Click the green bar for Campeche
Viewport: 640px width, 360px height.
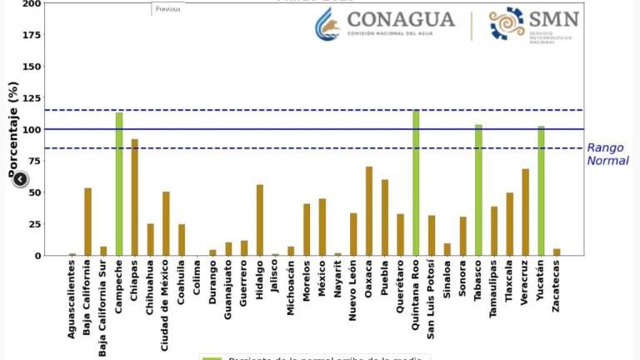click(119, 184)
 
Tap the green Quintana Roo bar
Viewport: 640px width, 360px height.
click(416, 183)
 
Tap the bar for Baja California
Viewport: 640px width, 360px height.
click(88, 222)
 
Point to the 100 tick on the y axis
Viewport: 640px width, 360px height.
click(32, 130)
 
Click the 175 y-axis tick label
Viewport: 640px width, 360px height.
click(32, 35)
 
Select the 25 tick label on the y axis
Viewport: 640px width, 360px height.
click(34, 225)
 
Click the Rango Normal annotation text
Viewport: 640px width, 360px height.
click(607, 154)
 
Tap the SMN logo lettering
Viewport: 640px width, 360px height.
click(554, 18)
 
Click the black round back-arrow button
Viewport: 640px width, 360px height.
click(20, 179)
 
